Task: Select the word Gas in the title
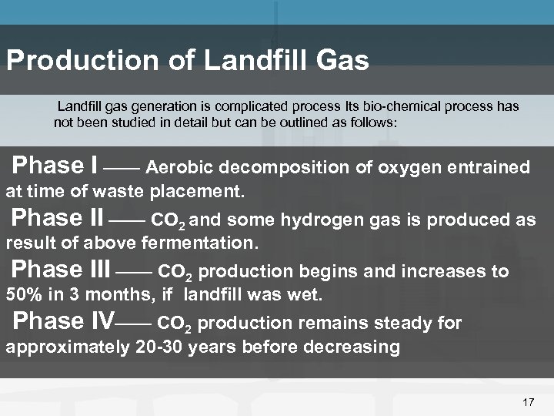tap(348, 62)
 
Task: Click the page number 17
tap(528, 402)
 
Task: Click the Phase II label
tap(58, 219)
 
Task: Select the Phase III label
tap(62, 270)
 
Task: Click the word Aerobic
tap(182, 168)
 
